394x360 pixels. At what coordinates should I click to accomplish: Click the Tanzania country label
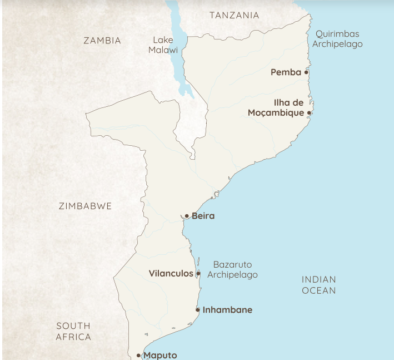point(234,15)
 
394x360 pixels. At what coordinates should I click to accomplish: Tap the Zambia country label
point(102,40)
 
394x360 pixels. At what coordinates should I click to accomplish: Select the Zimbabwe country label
point(85,206)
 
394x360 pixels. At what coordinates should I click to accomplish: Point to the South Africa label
point(73,331)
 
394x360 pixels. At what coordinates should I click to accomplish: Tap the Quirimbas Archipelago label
point(337,38)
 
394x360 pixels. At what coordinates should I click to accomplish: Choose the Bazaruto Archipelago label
point(232,270)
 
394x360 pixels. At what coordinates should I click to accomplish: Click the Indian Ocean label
point(319,285)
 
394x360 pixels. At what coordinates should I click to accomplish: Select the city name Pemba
point(286,72)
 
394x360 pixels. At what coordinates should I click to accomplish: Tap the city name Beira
point(203,216)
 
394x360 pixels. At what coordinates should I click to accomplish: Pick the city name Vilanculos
point(171,274)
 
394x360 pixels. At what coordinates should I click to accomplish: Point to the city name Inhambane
point(227,310)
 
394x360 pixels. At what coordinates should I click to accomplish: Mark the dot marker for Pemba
point(306,72)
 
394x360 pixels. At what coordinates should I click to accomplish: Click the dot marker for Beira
point(187,216)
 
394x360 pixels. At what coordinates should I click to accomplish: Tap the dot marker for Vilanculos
point(198,274)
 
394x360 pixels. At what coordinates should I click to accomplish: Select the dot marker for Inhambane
point(198,310)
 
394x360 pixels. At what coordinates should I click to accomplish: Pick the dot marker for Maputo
point(138,355)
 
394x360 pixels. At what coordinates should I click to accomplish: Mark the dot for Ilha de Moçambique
point(309,112)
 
